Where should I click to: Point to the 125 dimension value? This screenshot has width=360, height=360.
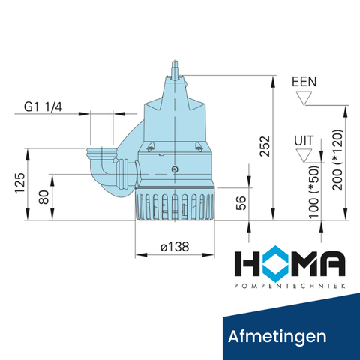(x=20, y=184)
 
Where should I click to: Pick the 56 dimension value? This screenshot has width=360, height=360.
(x=241, y=204)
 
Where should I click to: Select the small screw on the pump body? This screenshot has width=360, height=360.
(x=175, y=169)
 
